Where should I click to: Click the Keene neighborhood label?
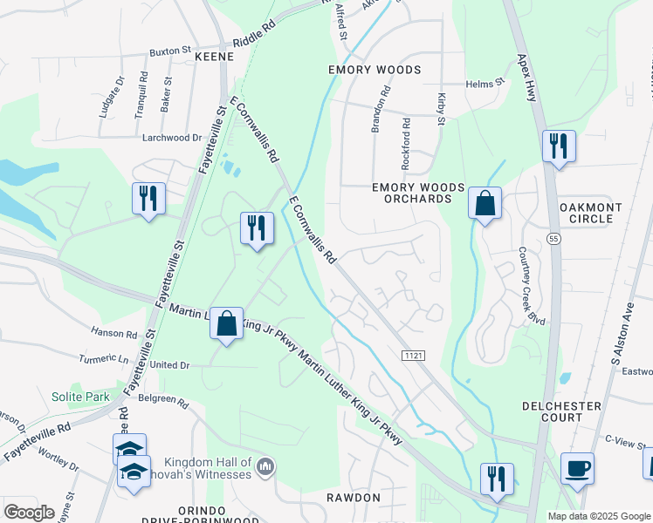pyautogui.click(x=214, y=56)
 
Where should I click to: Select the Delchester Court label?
pyautogui.click(x=561, y=412)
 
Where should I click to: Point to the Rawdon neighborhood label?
pyautogui.click(x=355, y=498)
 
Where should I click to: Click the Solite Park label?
pyautogui.click(x=79, y=397)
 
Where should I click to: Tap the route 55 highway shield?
pyautogui.click(x=554, y=237)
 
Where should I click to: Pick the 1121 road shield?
pyautogui.click(x=413, y=356)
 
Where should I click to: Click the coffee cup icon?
pyautogui.click(x=577, y=468)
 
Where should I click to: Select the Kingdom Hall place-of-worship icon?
pyautogui.click(x=266, y=469)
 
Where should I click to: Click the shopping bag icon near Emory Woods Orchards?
pyautogui.click(x=485, y=204)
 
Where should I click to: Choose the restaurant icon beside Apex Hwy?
pyautogui.click(x=559, y=146)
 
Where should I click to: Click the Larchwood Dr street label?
pyautogui.click(x=172, y=138)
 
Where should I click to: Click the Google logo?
pyautogui.click(x=29, y=513)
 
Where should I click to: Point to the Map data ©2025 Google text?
pyautogui.click(x=598, y=516)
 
